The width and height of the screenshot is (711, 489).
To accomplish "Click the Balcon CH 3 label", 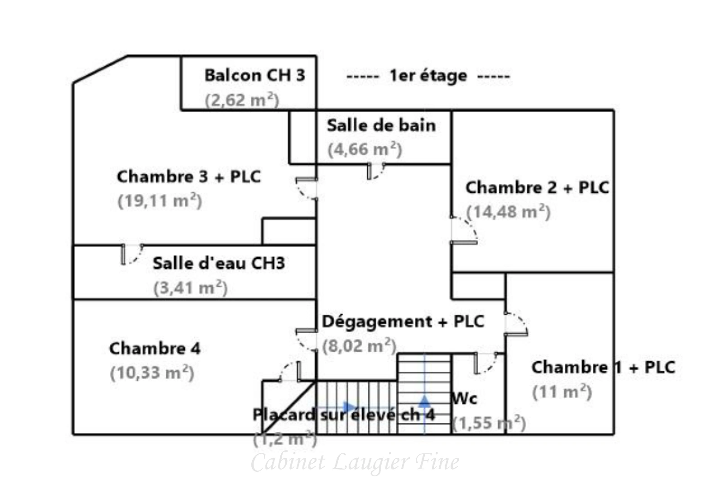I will coord(255,75).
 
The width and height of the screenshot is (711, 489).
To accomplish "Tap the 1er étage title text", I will coord(428,76).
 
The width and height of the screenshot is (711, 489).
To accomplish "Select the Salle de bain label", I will coord(381,125).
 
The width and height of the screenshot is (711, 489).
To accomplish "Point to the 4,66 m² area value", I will coord(365,149).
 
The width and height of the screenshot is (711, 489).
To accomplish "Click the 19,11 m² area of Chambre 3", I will coord(159,200).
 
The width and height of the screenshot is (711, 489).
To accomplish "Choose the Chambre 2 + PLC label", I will coord(537,187).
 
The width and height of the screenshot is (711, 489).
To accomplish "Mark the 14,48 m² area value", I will coord(508,211).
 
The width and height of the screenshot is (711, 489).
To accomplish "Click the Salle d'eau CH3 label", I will coord(219,263).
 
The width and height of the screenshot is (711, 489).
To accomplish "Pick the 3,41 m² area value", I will coord(190,288).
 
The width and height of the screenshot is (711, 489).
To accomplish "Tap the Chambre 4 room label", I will coord(154,348).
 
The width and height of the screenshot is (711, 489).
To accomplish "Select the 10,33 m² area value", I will coord(152,373).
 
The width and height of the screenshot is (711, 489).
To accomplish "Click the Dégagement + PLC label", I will coord(403,321).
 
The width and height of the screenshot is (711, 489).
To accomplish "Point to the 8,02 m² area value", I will coord(359,346).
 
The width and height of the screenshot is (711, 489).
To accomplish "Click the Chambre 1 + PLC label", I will coord(603,367).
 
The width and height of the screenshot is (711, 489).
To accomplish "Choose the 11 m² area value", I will coord(562,392).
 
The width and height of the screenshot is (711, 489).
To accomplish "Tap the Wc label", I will coord(465,398).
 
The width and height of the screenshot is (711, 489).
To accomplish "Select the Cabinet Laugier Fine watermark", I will coord(355,462).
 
